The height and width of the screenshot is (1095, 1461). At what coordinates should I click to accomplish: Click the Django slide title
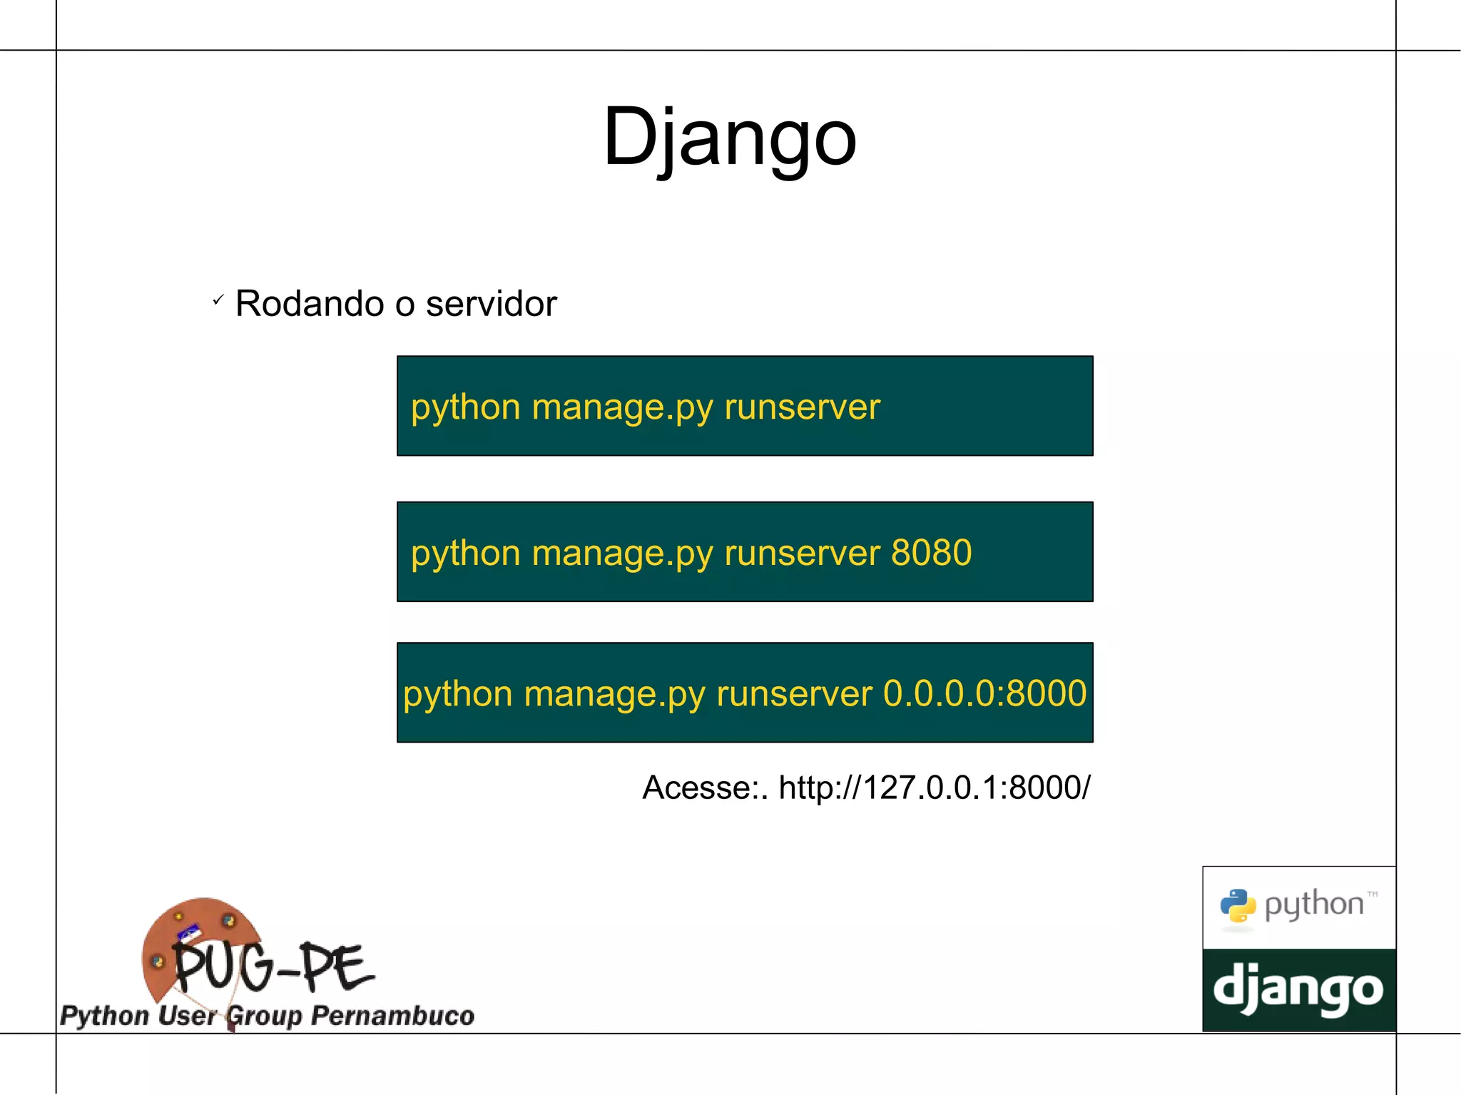(729, 136)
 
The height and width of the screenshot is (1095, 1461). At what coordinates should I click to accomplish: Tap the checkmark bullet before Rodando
(218, 300)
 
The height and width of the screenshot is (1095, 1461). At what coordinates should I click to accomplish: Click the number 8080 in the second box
(931, 552)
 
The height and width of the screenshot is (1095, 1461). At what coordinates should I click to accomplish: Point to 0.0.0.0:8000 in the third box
(984, 693)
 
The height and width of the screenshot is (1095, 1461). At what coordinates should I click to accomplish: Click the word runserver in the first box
(802, 407)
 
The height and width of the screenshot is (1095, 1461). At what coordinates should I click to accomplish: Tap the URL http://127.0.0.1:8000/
(934, 788)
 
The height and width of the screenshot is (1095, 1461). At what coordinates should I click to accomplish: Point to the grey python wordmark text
(1313, 905)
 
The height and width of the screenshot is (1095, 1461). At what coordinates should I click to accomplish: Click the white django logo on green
(1298, 989)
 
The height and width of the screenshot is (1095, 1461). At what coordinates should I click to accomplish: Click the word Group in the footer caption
(265, 1016)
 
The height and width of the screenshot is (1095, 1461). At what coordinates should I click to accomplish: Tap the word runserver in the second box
(802, 552)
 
